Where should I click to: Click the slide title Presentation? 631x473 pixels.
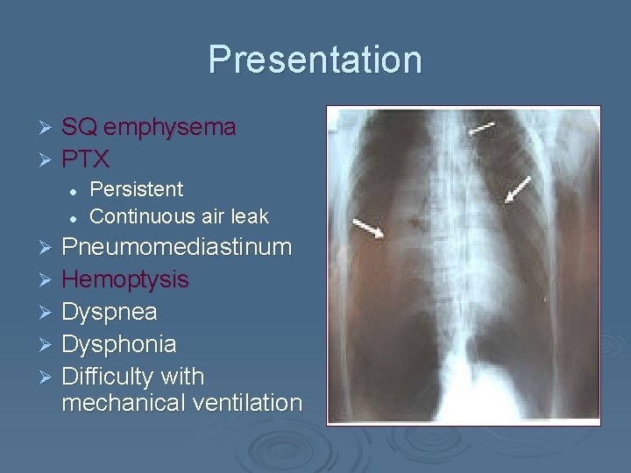point(315,60)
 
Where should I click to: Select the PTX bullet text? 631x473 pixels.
point(85,159)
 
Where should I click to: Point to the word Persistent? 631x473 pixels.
point(137,189)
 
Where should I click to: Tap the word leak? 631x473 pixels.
point(250,215)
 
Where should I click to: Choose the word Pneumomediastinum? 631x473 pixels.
point(176,247)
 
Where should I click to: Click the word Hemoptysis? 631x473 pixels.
point(125,279)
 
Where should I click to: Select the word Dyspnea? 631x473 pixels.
point(109,312)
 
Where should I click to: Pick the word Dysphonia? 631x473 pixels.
point(119,344)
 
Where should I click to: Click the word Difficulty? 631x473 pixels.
point(111,377)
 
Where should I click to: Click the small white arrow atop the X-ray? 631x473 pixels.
point(480,128)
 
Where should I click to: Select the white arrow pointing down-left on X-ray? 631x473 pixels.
point(518,189)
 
